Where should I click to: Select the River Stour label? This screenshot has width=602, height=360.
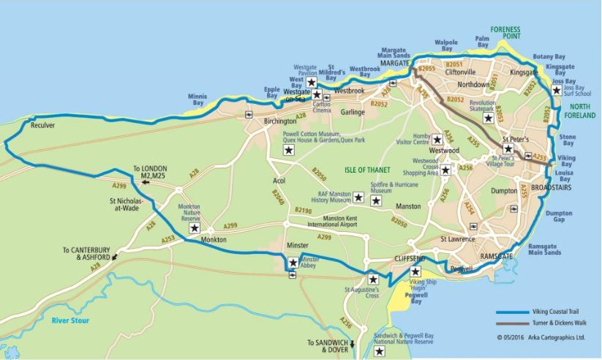69,320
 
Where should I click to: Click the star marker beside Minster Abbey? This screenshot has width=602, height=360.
293,263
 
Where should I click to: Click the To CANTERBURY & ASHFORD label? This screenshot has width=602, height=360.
86,253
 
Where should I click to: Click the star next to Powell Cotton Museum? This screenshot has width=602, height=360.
288,150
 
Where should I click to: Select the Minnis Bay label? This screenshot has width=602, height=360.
197,100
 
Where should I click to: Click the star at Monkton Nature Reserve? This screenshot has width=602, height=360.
194,228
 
